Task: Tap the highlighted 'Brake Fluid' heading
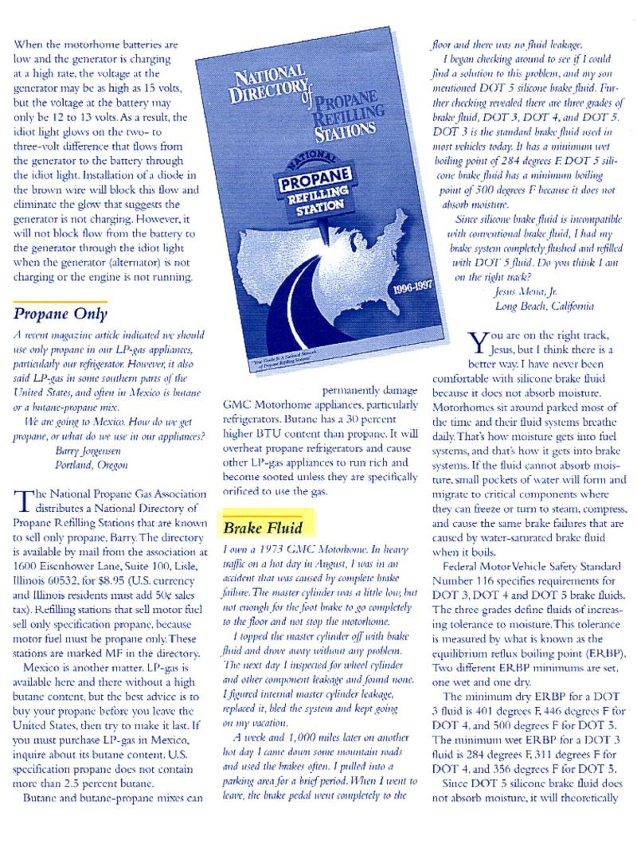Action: point(258,528)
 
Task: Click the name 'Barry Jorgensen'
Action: point(88,448)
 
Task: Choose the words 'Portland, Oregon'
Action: point(90,463)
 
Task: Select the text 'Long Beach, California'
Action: point(544,306)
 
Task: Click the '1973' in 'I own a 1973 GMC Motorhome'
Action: point(277,549)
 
